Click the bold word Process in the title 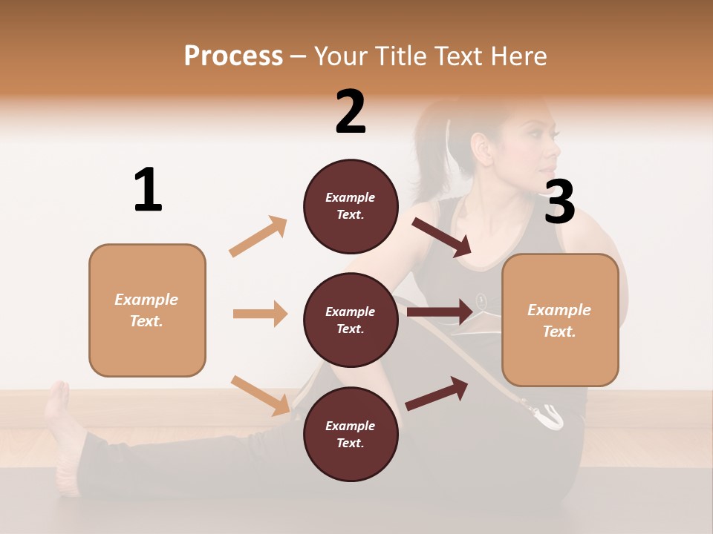pos(233,56)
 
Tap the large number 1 pos(148,190)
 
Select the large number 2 pos(351,112)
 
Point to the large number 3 pos(559,202)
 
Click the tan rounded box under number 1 pos(147,310)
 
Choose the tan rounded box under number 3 pos(560,320)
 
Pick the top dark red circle pos(351,206)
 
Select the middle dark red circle pos(351,320)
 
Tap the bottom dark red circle pos(351,434)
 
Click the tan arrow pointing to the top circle pos(258,237)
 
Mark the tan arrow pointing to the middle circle pos(260,314)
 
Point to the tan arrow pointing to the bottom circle pos(260,395)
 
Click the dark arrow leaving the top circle pos(443,237)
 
